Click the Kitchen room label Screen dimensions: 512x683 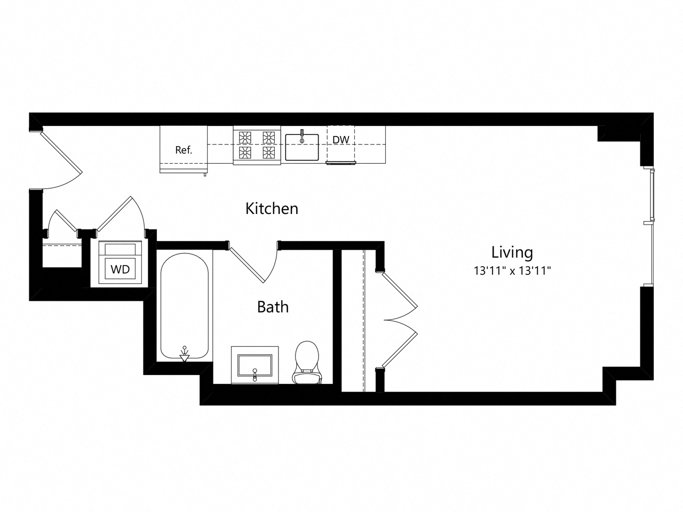(x=272, y=209)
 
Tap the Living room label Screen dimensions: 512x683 (x=512, y=252)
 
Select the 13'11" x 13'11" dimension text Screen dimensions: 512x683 (x=512, y=271)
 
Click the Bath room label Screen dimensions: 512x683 (x=273, y=307)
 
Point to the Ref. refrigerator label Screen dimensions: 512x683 (x=184, y=150)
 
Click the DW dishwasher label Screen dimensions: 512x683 (x=341, y=140)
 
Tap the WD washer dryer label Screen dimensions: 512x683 (x=120, y=269)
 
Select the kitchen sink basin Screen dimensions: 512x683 (x=301, y=148)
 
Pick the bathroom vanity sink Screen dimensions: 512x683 (x=255, y=365)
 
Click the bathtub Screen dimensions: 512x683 (x=184, y=307)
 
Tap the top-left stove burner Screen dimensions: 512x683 (x=245, y=137)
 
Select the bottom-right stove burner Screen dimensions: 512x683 (x=268, y=153)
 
